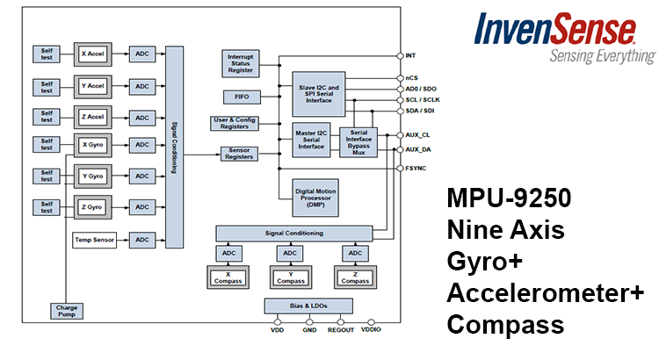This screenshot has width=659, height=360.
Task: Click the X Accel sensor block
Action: (x=91, y=54)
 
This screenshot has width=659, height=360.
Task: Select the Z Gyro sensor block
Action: (x=91, y=207)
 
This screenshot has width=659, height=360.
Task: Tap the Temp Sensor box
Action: (x=95, y=240)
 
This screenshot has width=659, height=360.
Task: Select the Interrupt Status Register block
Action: (x=243, y=63)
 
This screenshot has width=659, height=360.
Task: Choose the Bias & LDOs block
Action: (x=308, y=306)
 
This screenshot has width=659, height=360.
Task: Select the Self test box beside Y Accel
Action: (x=47, y=87)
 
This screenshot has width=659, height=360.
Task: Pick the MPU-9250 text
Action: (x=510, y=198)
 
